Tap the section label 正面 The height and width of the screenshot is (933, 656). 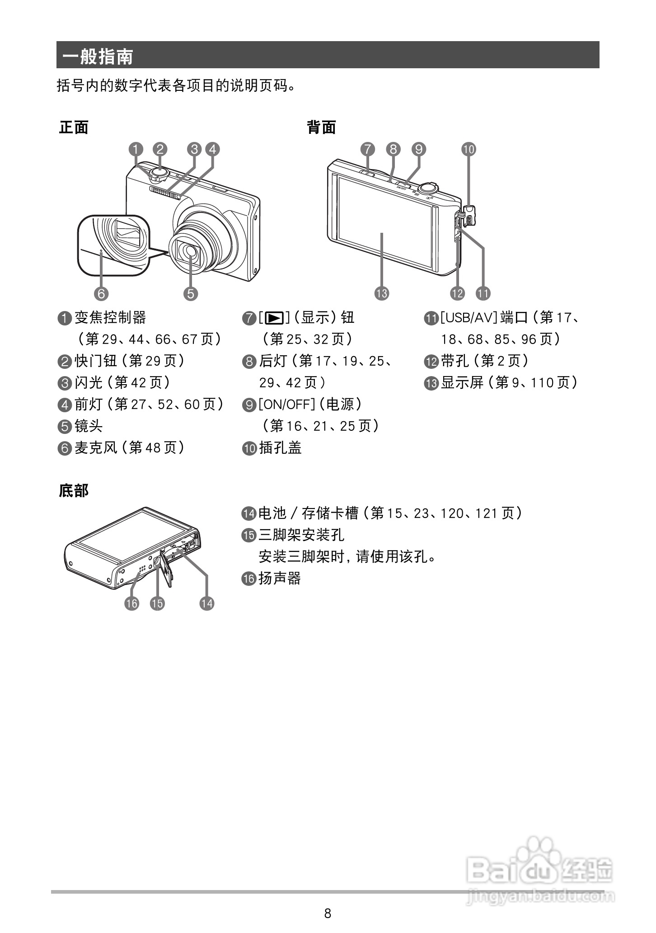click(74, 127)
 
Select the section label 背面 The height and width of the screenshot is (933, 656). click(321, 127)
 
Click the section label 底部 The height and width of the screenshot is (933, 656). click(74, 490)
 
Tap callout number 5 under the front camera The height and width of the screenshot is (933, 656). click(191, 293)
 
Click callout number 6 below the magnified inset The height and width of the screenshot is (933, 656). click(101, 293)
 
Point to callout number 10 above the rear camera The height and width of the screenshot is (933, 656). click(469, 149)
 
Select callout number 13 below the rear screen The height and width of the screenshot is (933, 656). click(382, 293)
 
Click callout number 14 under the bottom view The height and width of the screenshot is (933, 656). click(207, 603)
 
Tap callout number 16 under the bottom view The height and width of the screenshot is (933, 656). click(132, 603)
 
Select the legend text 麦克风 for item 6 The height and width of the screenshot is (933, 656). click(95, 448)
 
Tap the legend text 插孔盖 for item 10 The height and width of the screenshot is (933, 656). click(280, 448)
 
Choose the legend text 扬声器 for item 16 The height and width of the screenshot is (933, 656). click(280, 578)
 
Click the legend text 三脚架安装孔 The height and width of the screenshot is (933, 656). click(301, 535)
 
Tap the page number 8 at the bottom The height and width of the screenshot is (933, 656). click(328, 913)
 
